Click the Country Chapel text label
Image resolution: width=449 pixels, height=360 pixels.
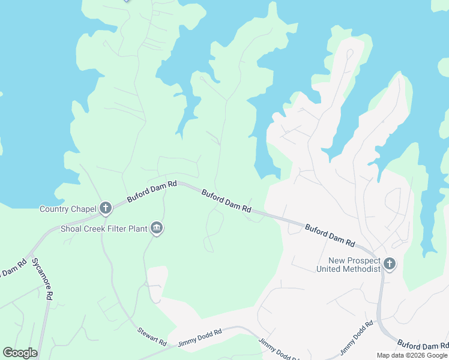pos(68,209)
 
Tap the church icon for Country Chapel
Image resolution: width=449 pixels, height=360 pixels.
pos(106,208)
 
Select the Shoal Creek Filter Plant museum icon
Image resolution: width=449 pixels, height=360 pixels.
pos(157,228)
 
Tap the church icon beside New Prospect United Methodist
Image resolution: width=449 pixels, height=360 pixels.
pos(390,263)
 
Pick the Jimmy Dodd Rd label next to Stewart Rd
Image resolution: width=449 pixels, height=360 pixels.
pos(200,338)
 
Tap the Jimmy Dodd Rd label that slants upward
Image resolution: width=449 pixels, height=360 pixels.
pos(357,338)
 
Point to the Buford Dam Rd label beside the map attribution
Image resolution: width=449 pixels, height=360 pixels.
pos(423,346)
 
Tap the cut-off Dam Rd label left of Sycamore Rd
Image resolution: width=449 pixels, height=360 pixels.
pos(13,268)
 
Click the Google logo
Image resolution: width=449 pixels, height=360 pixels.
pos(20,353)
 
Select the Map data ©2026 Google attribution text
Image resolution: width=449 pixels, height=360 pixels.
pos(412,355)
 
